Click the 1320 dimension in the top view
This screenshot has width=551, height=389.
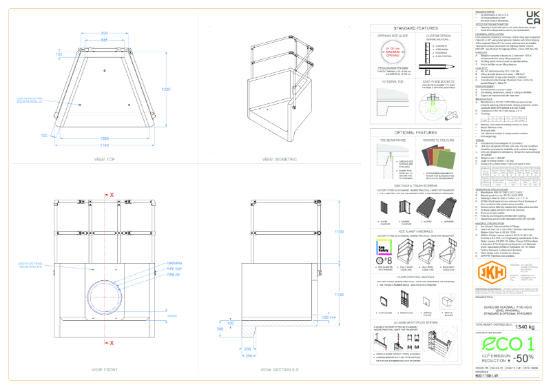tap(166, 89)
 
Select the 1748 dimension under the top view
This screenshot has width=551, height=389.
tap(105, 147)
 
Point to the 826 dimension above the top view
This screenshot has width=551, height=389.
tap(105, 33)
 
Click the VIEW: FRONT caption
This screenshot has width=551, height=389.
tap(105, 370)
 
